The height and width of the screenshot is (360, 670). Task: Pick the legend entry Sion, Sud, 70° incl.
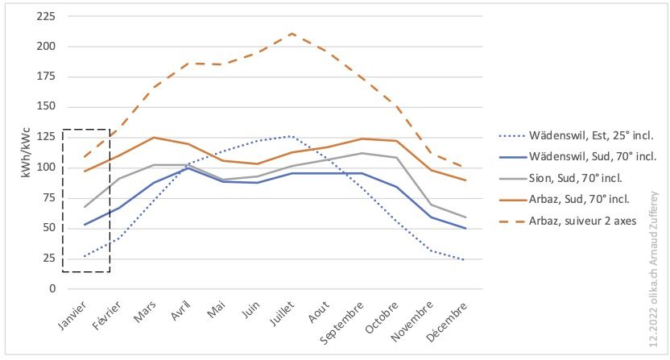[567, 177]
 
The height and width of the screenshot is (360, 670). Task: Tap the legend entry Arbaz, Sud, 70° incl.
[569, 200]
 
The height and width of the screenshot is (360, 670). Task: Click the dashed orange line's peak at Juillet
[292, 34]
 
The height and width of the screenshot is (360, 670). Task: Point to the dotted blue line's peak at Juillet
[292, 136]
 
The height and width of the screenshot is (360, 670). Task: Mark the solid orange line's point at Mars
[153, 138]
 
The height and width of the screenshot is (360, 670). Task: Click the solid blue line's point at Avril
[188, 168]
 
